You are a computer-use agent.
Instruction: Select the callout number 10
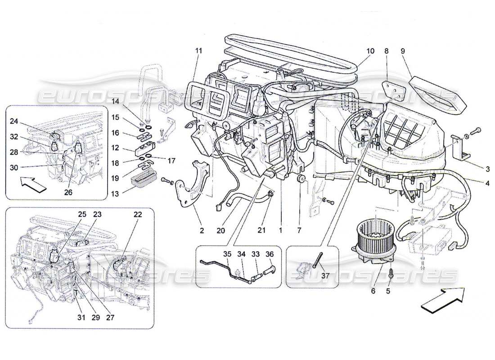tap(370, 51)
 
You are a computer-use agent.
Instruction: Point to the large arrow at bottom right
tap(443, 298)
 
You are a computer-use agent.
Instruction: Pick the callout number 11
tap(198, 51)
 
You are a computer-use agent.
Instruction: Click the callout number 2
tap(202, 231)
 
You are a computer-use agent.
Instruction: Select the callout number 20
tap(220, 231)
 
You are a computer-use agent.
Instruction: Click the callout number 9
tap(402, 51)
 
